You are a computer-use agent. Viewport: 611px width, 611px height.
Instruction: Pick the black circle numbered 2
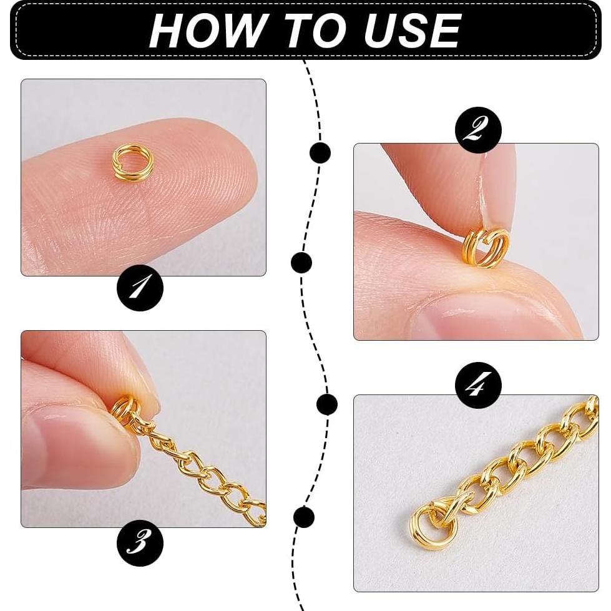[x=478, y=130]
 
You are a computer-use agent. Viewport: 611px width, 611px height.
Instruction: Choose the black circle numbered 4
[x=478, y=385]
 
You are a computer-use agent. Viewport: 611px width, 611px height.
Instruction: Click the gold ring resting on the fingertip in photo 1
[x=132, y=162]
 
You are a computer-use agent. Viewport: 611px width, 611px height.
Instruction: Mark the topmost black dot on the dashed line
[x=320, y=152]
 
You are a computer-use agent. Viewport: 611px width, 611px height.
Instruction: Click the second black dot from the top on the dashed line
[x=301, y=263]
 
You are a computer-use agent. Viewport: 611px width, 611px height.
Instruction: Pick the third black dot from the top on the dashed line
[x=327, y=404]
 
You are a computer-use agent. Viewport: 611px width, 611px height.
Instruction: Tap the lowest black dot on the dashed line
[x=303, y=517]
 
